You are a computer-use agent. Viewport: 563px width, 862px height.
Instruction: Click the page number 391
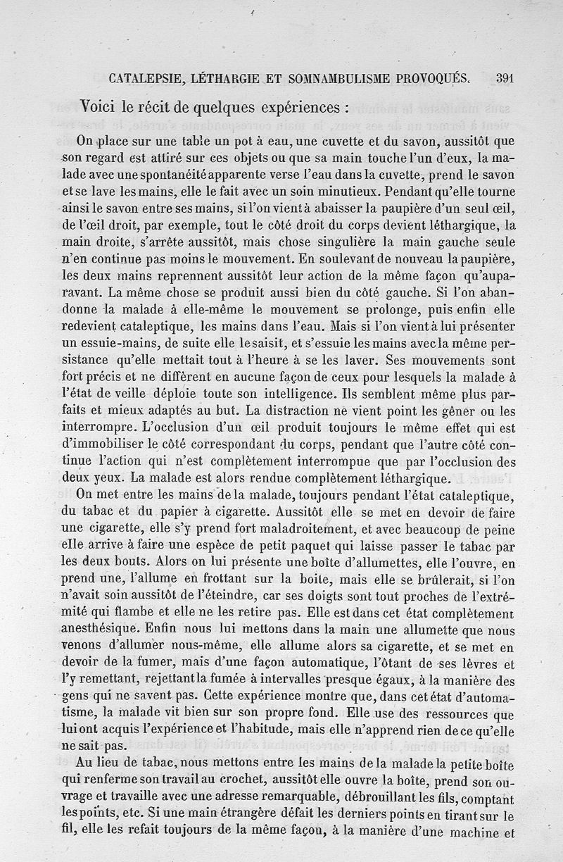tap(504, 79)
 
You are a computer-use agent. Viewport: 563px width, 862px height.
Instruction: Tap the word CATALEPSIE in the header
tap(144, 79)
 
